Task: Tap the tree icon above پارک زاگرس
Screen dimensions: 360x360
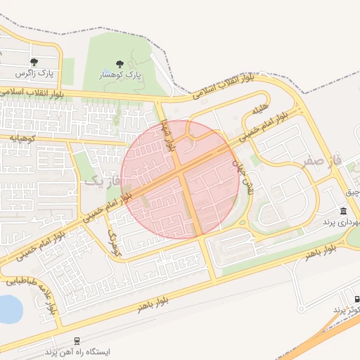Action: (34, 62)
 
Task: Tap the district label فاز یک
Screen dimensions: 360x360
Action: (103, 181)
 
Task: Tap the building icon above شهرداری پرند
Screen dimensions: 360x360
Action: (342, 212)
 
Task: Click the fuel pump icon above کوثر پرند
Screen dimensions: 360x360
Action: (356, 299)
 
